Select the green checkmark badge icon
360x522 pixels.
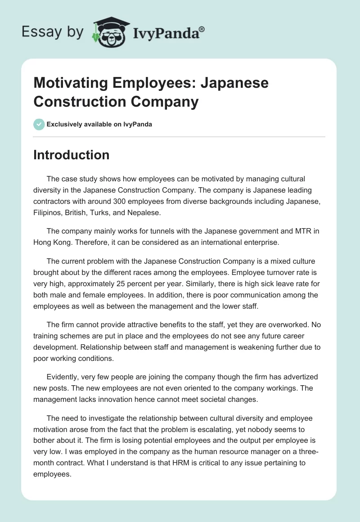pyautogui.click(x=39, y=124)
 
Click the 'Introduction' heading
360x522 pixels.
pyautogui.click(x=71, y=155)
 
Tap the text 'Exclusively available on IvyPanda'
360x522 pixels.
pyautogui.click(x=99, y=124)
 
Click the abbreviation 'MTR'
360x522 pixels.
pyautogui.click(x=302, y=231)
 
